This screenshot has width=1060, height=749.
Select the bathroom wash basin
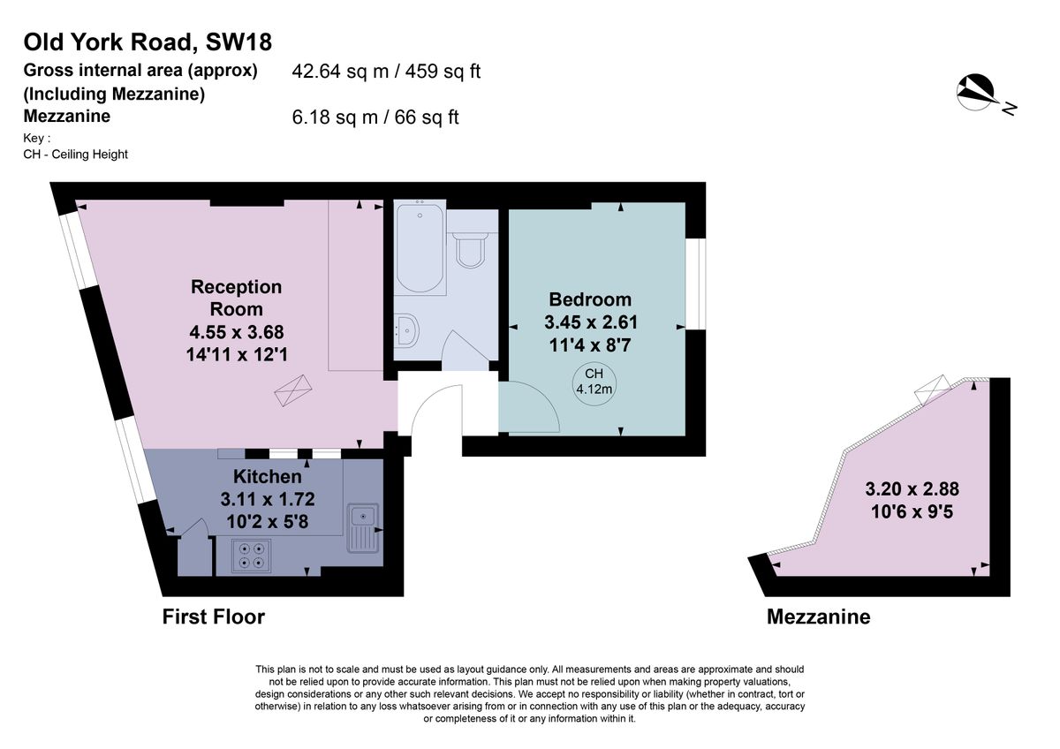pos(407,329)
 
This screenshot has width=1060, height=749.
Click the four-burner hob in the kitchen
pos(250,555)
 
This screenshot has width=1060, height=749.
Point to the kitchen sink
pos(363,526)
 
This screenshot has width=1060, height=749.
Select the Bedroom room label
pos(590,299)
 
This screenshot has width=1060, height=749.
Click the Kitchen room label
pos(255,477)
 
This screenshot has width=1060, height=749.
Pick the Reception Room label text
pos(237,298)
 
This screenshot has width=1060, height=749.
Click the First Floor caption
pos(214,617)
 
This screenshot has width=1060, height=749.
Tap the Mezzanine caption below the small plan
pos(818,617)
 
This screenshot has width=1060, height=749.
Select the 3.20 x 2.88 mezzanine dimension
pos(912,488)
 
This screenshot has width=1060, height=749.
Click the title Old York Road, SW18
pos(148,42)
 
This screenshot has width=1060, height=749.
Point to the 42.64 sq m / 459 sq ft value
pos(386,72)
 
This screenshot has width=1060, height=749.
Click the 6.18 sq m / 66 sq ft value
pos(375,117)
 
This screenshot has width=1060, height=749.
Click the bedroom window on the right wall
pos(696,284)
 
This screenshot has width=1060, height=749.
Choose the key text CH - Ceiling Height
pos(76,155)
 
